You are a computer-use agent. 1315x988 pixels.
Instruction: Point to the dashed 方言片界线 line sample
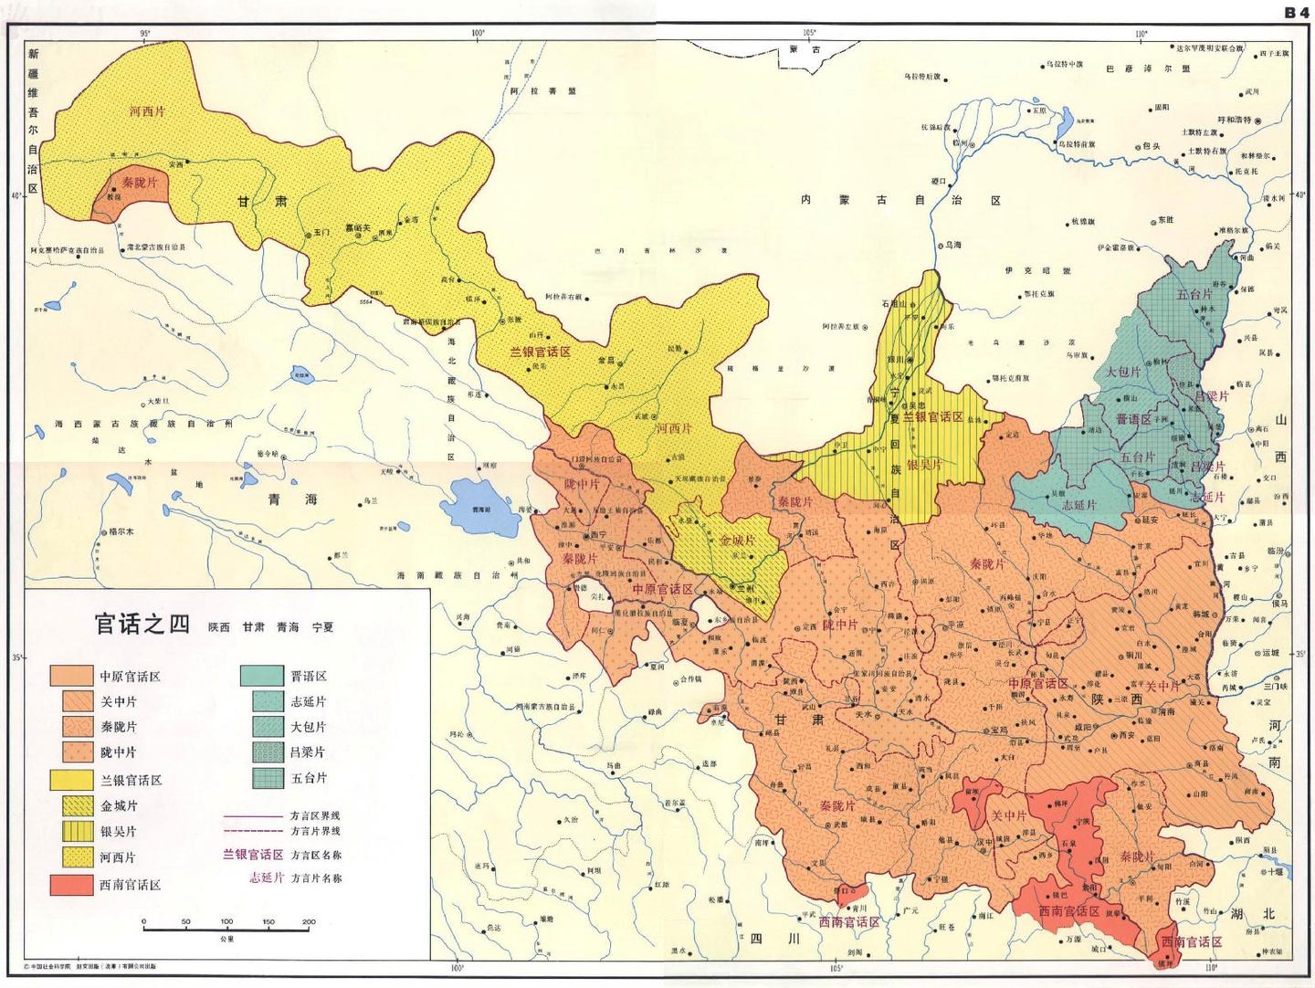[253, 831]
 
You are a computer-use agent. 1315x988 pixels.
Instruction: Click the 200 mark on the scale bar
[308, 922]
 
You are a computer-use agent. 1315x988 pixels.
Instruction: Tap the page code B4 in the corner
[1297, 12]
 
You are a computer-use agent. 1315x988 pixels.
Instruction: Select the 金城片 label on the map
[737, 541]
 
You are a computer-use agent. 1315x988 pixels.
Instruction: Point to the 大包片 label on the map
[1123, 372]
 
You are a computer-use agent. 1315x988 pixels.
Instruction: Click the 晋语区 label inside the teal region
[1133, 419]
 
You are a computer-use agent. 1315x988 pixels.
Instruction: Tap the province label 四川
[762, 939]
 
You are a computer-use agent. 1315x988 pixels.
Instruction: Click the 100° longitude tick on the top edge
[476, 34]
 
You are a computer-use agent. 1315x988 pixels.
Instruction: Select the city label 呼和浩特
[1234, 120]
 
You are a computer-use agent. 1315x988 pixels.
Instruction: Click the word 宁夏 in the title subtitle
[322, 627]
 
